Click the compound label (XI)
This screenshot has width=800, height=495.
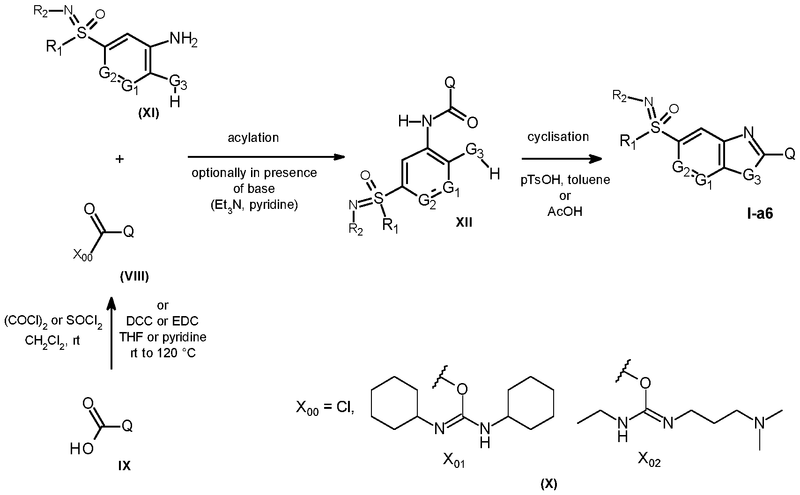tap(148, 114)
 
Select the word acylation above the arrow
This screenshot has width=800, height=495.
tap(253, 138)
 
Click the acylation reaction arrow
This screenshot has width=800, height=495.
tap(267, 157)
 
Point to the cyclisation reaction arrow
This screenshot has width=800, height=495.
tap(562, 159)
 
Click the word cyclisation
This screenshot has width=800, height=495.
tap(558, 136)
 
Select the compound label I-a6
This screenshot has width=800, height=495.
tap(760, 214)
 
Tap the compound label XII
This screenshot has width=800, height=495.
tap(464, 222)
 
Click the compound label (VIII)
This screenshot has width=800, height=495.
tap(134, 276)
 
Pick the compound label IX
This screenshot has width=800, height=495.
tap(124, 465)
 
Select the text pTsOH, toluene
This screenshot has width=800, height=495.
tap(565, 180)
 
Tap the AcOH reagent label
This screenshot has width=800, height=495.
tap(565, 211)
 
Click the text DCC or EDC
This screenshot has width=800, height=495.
tap(163, 321)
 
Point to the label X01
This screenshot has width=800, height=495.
tap(454, 460)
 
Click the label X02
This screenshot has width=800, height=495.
tap(649, 460)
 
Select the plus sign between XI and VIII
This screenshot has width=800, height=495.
tap(119, 159)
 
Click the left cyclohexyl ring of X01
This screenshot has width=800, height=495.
tap(394, 403)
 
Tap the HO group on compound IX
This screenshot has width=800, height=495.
tap(81, 449)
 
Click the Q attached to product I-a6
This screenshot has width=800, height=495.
tap(790, 154)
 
